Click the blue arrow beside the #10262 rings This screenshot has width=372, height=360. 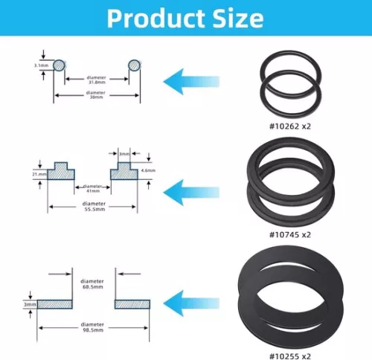pyautogui.click(x=190, y=79)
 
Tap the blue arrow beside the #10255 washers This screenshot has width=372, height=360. pyautogui.click(x=190, y=301)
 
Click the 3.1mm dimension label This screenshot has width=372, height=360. pyautogui.click(x=41, y=67)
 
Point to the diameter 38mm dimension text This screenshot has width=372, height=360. pyautogui.click(x=96, y=94)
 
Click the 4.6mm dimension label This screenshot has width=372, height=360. pyautogui.click(x=148, y=170)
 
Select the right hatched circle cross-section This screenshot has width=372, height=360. pyautogui.click(x=135, y=66)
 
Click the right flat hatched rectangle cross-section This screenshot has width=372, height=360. pyautogui.click(x=133, y=303)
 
